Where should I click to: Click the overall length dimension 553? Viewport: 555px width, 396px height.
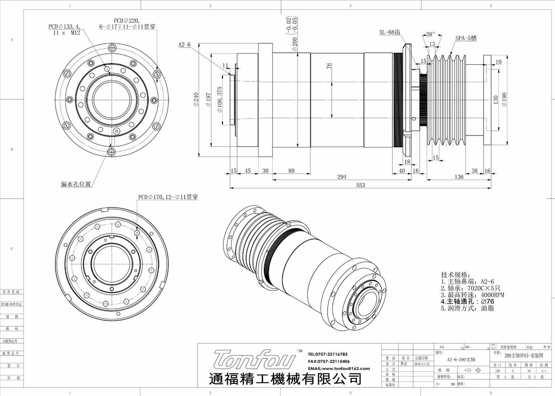point(360,185)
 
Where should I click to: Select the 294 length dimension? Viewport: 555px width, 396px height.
point(341,177)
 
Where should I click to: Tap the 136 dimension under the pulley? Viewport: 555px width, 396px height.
point(459,177)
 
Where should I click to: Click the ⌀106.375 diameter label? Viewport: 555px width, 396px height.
point(220,100)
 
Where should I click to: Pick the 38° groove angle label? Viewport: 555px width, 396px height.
point(430,35)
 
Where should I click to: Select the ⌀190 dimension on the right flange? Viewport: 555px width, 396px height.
point(504,99)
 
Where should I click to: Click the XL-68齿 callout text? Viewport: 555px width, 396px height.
point(390,32)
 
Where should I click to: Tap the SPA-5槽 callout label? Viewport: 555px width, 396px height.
point(466,38)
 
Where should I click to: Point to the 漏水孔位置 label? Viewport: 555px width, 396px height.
point(76,184)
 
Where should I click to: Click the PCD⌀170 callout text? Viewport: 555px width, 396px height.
point(168,197)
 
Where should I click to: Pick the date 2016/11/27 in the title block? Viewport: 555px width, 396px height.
point(422,364)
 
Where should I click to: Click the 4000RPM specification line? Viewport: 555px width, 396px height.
point(472,295)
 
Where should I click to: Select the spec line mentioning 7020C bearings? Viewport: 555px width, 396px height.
point(470,288)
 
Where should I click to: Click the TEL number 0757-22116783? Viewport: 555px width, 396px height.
point(327,354)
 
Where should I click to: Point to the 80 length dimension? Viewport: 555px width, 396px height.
point(291,171)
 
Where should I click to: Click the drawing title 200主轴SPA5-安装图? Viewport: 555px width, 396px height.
point(523,355)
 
